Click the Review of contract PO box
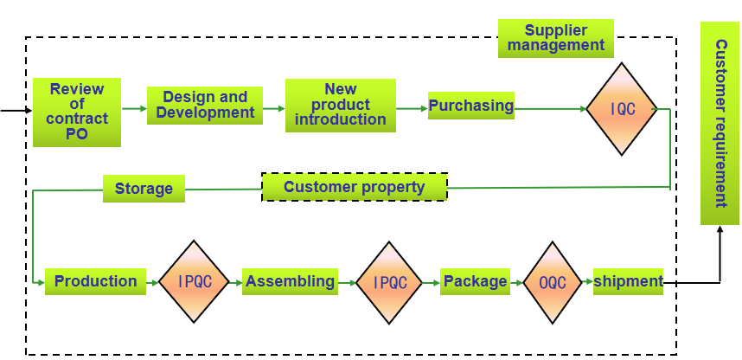tap(76, 112)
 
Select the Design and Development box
tap(205, 106)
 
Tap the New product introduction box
tap(340, 106)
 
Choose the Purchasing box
tap(471, 106)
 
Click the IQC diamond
tap(622, 109)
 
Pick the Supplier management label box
tap(555, 38)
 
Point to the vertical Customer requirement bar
tap(720, 123)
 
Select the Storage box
tap(144, 189)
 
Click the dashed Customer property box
tap(355, 187)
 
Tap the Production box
tap(95, 281)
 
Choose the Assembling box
tap(290, 281)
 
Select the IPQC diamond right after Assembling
tap(389, 283)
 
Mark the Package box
tap(475, 281)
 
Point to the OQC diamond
tap(553, 283)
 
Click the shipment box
tap(628, 281)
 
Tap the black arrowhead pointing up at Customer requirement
tap(720, 228)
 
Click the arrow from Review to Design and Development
tap(133, 109)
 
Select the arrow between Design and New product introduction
tap(273, 109)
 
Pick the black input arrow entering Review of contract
tap(16, 112)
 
